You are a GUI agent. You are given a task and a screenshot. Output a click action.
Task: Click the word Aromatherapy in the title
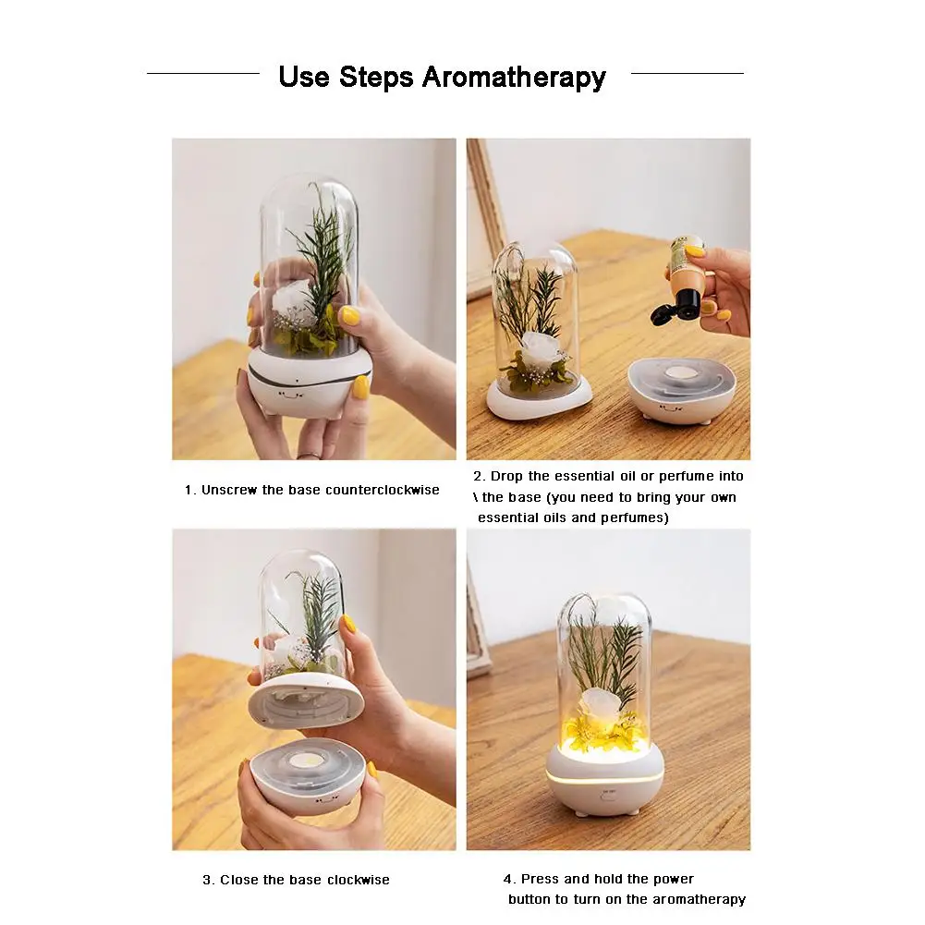pos(514,78)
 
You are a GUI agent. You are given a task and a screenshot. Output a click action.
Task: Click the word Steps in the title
pos(376,77)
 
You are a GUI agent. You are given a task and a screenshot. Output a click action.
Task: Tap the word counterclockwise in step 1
pos(383,490)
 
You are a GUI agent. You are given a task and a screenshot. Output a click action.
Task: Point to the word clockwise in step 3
pos(359,880)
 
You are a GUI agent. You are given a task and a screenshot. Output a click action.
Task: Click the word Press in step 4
pos(540,879)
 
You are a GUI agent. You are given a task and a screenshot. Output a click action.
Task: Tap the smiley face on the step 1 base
pos(291,395)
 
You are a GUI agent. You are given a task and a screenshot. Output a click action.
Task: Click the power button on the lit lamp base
pos(608,797)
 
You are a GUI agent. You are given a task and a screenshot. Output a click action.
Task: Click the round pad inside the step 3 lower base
pos(307,761)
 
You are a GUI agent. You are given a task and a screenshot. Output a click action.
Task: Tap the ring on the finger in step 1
pos(309,456)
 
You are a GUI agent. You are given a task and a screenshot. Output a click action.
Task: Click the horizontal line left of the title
pos(203,74)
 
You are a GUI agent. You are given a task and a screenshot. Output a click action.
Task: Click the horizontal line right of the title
pos(688,74)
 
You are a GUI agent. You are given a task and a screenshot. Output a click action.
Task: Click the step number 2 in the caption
pos(478,477)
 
